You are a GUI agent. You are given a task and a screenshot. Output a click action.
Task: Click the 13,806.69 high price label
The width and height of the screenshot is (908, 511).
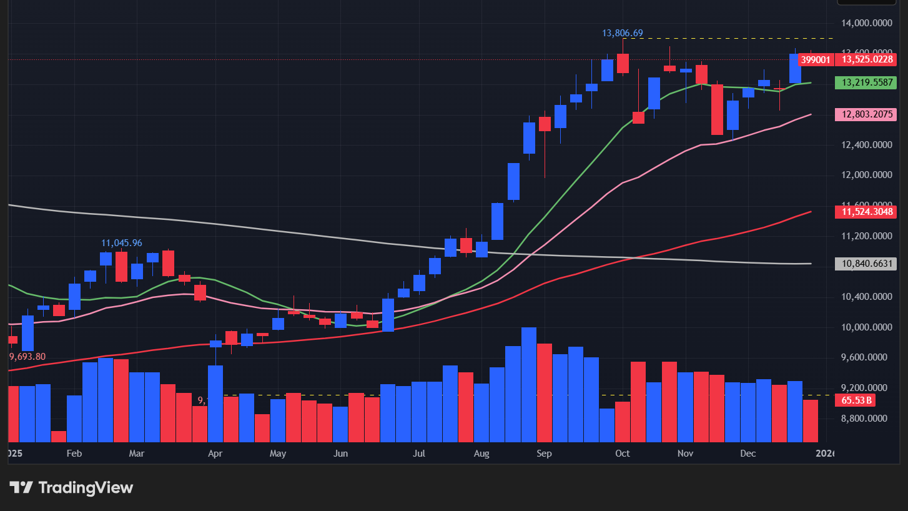tap(622, 33)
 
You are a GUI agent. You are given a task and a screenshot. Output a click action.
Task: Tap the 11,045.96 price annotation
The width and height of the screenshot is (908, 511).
tap(122, 242)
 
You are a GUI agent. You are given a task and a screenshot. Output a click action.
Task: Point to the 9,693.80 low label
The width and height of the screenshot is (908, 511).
tap(27, 357)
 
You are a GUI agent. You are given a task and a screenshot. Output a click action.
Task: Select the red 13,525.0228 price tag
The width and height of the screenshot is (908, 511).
tap(866, 60)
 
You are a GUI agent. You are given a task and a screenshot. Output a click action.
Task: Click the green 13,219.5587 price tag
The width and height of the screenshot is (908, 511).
tap(866, 82)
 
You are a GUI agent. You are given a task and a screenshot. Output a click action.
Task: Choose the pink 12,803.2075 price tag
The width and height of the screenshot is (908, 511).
tap(866, 114)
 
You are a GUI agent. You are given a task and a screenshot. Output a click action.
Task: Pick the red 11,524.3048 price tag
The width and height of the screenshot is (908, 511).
tap(866, 212)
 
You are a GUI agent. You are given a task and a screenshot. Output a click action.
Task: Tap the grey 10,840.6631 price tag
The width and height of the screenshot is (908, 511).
tap(866, 264)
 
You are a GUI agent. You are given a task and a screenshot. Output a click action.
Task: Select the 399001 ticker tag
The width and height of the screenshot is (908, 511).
tap(816, 60)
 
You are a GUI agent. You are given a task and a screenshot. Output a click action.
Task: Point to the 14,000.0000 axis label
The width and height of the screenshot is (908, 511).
tap(866, 24)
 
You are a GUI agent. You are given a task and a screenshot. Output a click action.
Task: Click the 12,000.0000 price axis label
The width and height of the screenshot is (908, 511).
tap(866, 175)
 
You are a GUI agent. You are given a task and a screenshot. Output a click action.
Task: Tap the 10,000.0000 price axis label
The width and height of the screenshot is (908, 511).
tap(866, 327)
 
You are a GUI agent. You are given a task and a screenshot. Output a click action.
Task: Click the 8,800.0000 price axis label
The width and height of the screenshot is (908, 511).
tap(866, 418)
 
